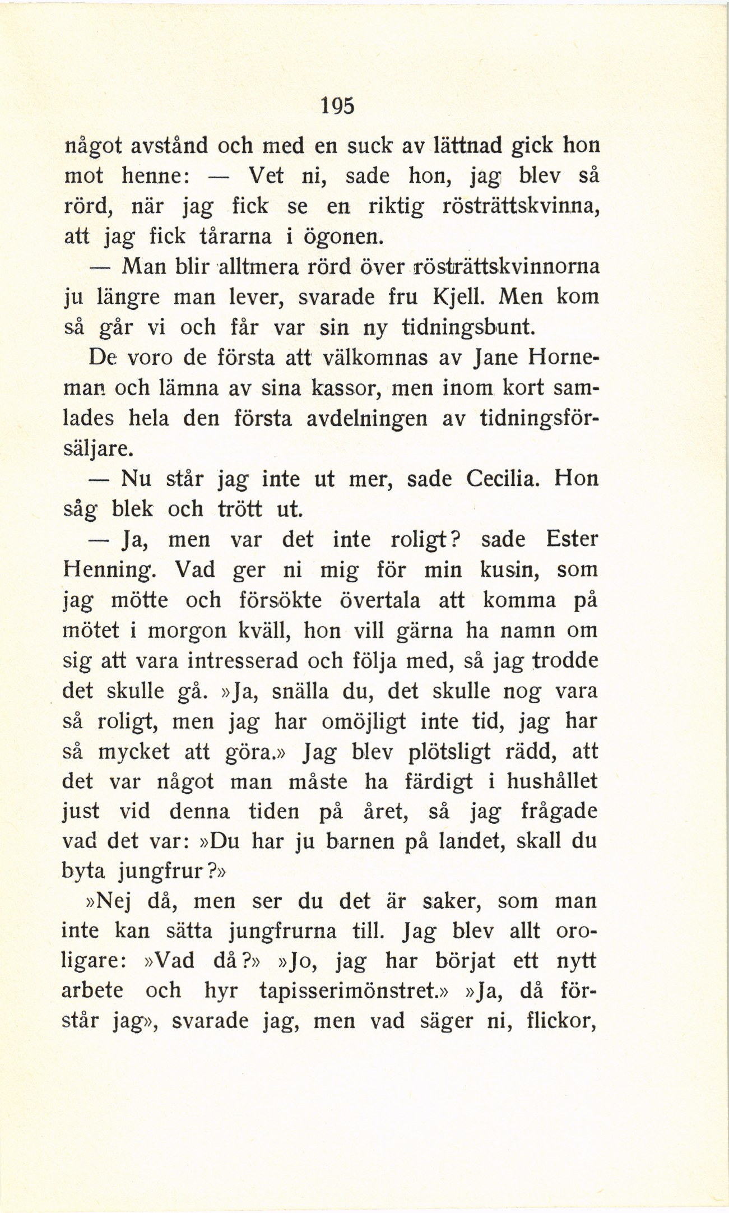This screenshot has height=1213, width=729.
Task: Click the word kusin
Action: pos(510,570)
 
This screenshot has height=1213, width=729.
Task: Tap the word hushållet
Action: pos(551,782)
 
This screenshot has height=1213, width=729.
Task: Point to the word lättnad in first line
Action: pos(467,146)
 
